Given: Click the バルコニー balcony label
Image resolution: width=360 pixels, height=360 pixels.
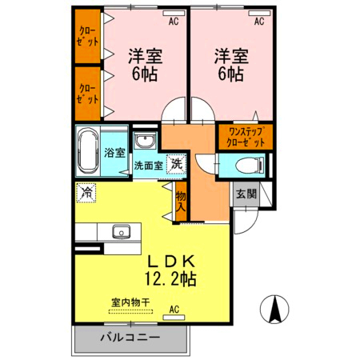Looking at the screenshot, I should [x=130, y=338].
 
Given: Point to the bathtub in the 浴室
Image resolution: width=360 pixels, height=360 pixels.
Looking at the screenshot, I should [x=87, y=150].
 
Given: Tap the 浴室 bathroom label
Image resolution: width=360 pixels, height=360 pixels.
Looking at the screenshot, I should [x=114, y=152].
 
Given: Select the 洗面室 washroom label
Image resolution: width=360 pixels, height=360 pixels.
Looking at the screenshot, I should [x=148, y=166].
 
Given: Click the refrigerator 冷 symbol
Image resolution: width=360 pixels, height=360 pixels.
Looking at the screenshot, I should [x=86, y=192].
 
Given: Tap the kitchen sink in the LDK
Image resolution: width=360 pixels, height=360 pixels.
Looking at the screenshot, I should [x=121, y=232].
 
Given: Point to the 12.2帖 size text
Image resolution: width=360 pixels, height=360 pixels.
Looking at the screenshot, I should [x=170, y=280].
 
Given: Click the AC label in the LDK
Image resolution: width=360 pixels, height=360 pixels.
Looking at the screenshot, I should [x=174, y=308].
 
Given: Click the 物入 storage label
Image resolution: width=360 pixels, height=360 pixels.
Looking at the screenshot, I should [x=181, y=201].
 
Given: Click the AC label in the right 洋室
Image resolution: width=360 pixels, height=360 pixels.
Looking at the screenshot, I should [x=258, y=22].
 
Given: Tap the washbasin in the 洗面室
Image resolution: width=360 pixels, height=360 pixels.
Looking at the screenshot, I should [x=145, y=142].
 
